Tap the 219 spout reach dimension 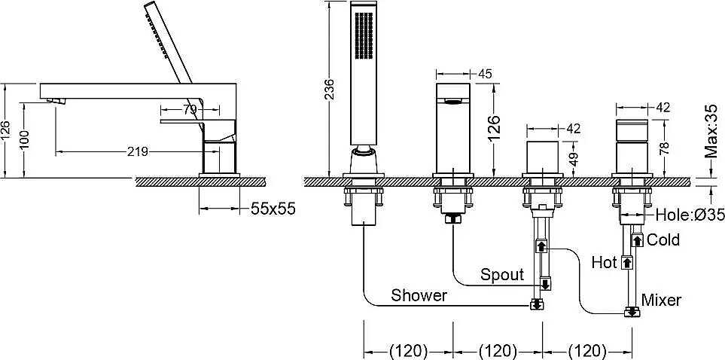pyautogui.click(x=137, y=151)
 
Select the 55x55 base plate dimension pyautogui.click(x=273, y=209)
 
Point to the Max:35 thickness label pyautogui.click(x=711, y=131)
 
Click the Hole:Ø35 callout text pyautogui.click(x=690, y=215)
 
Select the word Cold pyautogui.click(x=663, y=239)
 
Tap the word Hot pyautogui.click(x=605, y=263)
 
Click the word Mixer pyautogui.click(x=662, y=300)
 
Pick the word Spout pyautogui.click(x=502, y=274)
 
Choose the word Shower pyautogui.click(x=419, y=295)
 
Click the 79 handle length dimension pyautogui.click(x=190, y=110)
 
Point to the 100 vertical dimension pyautogui.click(x=25, y=140)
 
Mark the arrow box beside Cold pyautogui.click(x=638, y=240)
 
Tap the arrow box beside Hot pyautogui.click(x=626, y=263)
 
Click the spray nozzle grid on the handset pyautogui.click(x=364, y=35)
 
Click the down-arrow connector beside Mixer pyautogui.click(x=632, y=313)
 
